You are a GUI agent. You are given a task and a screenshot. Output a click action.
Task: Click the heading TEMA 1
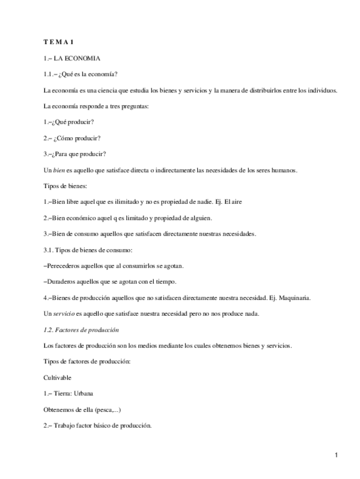tap(59, 42)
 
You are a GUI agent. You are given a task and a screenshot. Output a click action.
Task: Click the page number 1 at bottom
tap(336, 455)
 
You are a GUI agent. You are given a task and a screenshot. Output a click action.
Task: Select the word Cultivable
tap(57, 377)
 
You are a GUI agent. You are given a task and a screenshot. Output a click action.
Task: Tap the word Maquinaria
tap(295, 298)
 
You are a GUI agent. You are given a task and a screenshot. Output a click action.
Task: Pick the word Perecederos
tap(63, 265)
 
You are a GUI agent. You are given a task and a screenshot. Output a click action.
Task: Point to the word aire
tap(236, 202)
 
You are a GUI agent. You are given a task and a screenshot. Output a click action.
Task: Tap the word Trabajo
tap(64, 425)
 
